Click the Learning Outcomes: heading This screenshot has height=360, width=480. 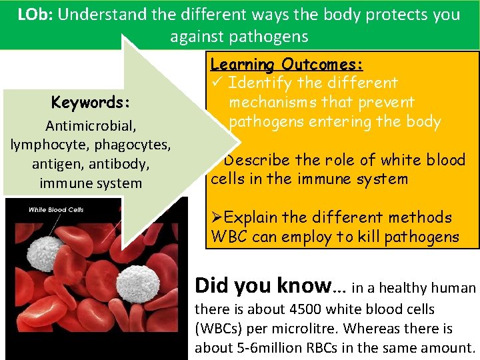pyautogui.click(x=287, y=65)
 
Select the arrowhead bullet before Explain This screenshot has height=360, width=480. pyautogui.click(x=217, y=218)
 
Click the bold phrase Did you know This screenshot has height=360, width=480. pyautogui.click(x=262, y=287)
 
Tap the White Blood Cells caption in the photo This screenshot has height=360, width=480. pyautogui.click(x=56, y=210)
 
